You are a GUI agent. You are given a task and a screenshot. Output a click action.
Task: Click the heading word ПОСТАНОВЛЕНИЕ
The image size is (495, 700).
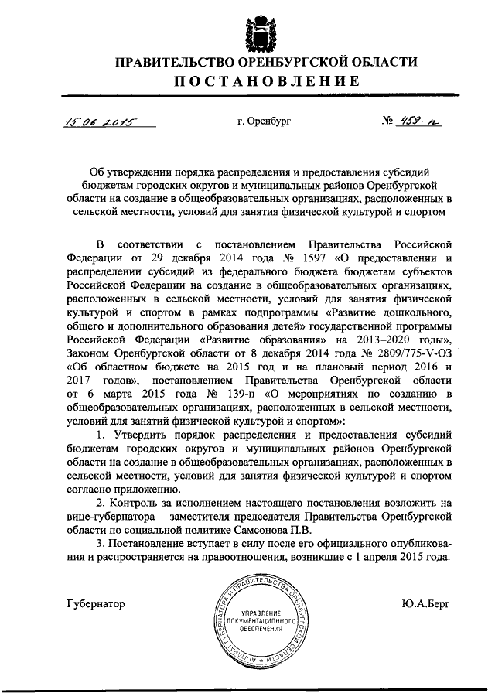coord(254,81)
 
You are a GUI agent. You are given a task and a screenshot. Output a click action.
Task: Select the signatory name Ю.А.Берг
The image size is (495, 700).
coord(424,603)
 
